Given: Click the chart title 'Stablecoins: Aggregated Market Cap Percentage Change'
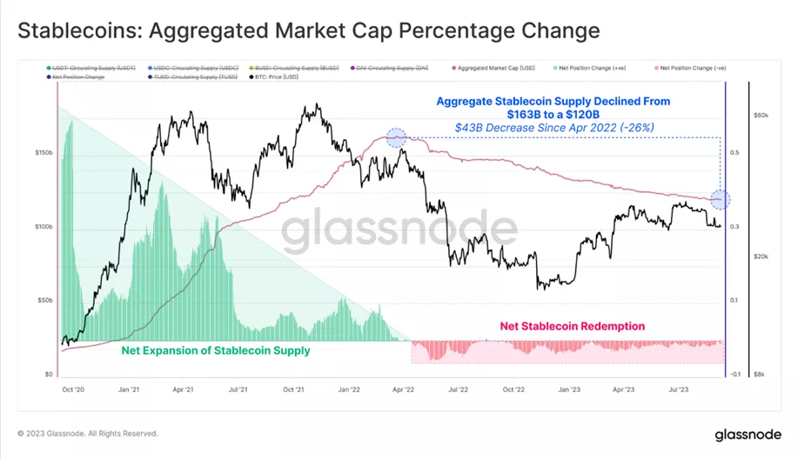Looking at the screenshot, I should (309, 31).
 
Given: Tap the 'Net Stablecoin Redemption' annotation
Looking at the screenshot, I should (572, 327).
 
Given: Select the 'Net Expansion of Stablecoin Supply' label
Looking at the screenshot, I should (216, 351).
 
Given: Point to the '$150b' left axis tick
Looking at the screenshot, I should (44, 152).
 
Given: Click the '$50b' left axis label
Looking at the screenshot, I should (44, 301).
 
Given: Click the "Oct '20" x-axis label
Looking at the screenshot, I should (72, 390).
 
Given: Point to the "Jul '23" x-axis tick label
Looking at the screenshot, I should (678, 390).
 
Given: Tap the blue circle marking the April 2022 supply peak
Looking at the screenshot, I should (396, 136).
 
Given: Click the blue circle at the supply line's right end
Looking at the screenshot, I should (720, 199).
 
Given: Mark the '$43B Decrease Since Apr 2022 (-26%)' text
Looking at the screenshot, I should (554, 127).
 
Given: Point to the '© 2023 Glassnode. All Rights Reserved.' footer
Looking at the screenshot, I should (88, 433).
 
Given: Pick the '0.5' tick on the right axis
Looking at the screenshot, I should (736, 152).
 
